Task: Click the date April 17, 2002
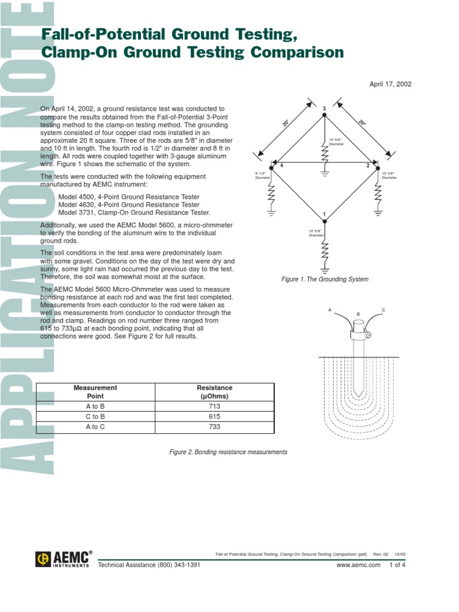click(391, 84)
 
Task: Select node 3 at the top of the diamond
click(324, 108)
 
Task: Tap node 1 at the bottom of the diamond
click(324, 215)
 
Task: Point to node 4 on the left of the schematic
click(281, 165)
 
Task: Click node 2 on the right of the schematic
click(368, 165)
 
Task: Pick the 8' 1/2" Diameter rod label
click(262, 175)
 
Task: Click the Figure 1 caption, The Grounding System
click(325, 279)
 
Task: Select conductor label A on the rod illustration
click(329, 310)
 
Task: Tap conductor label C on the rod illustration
click(383, 310)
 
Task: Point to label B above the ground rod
click(358, 314)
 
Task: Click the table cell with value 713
click(215, 406)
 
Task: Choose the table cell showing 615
click(215, 417)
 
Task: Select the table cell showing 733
click(215, 427)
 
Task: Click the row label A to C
click(96, 427)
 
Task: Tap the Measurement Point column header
click(96, 391)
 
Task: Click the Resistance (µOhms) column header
click(215, 391)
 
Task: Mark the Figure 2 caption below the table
click(229, 452)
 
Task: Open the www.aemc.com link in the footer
click(358, 565)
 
